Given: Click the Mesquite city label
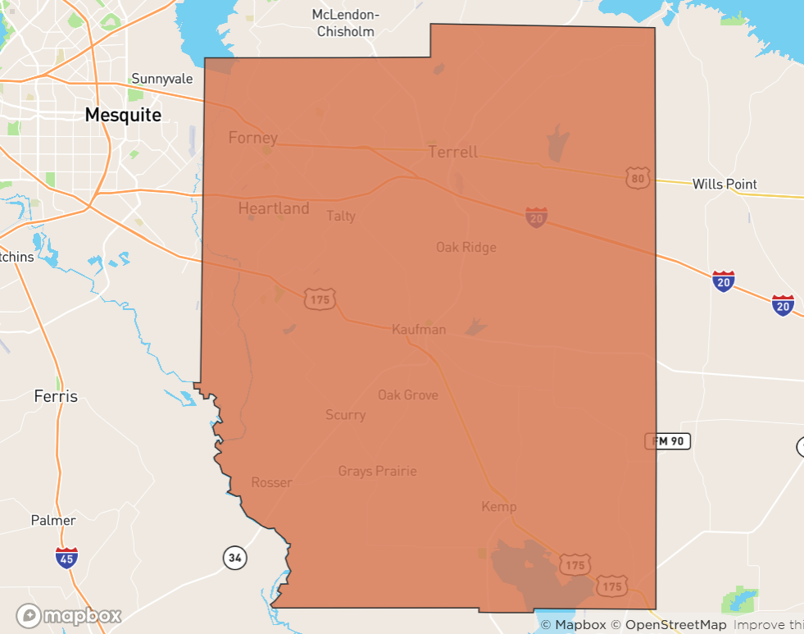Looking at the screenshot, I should pos(123,115).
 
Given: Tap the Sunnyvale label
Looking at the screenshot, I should pos(161,79).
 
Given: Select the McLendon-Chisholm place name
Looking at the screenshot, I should pos(346,23).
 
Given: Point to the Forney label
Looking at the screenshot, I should pos(252,138).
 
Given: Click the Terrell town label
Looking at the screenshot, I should pos(452,153).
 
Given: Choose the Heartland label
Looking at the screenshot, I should pos(274,208).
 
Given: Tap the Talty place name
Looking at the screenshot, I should pos(341,216).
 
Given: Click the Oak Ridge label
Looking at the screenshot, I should pos(466,247).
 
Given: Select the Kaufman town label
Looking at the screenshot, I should pos(419,330).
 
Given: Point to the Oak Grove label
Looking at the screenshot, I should pos(407,395).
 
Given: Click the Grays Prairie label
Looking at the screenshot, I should pos(377,471).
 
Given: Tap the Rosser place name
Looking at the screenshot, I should pos(271,482).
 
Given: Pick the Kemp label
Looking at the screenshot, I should pos(499,507).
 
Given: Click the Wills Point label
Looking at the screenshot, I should pos(725,184).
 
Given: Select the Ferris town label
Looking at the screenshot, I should pos(56,396).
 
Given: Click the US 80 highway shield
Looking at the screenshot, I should pos(638,177).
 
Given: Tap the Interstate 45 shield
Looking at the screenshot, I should pos(67,558).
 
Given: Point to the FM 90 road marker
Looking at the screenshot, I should pos(668,441).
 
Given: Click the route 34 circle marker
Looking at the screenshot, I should pos(235,559).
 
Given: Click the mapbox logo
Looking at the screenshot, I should pos(69,615).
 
